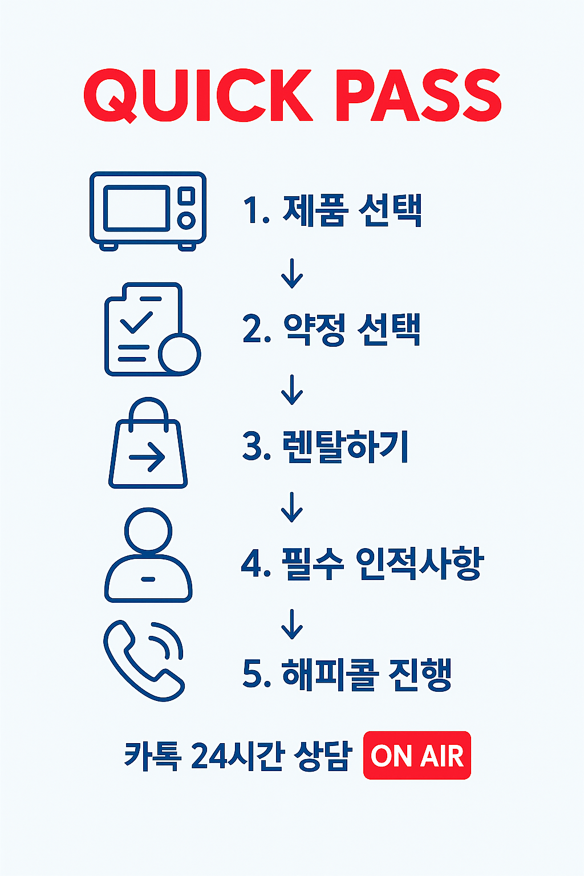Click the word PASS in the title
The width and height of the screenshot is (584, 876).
click(x=417, y=96)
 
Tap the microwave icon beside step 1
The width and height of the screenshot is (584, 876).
click(x=148, y=210)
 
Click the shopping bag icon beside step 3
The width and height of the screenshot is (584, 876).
click(x=148, y=445)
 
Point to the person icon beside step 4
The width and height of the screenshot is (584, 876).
click(x=148, y=556)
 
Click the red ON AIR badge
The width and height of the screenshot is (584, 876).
click(x=417, y=755)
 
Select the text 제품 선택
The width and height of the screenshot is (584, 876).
click(x=352, y=210)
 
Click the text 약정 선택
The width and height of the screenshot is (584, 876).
click(x=351, y=329)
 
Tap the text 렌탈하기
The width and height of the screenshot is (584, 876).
click(x=345, y=446)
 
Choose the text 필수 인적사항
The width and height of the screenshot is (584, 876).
click(x=382, y=563)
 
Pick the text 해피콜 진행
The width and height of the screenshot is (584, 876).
click(x=367, y=674)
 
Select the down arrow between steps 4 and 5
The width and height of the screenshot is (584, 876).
click(x=292, y=624)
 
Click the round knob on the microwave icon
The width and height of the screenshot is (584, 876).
click(x=186, y=220)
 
